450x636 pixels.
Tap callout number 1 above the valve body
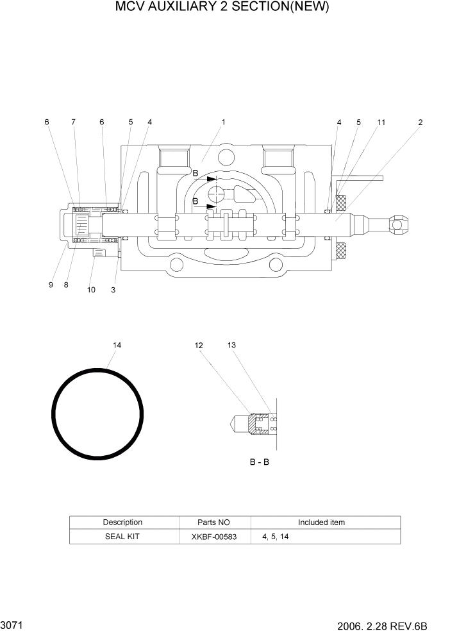(223, 122)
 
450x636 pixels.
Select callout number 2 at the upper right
(421, 122)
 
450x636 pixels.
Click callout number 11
(381, 122)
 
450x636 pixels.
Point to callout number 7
(73, 122)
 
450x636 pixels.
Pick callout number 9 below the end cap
(51, 285)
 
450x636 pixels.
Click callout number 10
(91, 290)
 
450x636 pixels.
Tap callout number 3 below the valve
(113, 290)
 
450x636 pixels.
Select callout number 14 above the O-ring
(117, 346)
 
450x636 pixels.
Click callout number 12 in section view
(199, 346)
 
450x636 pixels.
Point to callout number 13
(231, 346)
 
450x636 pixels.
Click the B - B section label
(259, 462)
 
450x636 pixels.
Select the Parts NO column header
(214, 523)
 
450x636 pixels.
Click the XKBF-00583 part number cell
(214, 537)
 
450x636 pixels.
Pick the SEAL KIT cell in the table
(122, 537)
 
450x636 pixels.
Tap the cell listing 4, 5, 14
(275, 537)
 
